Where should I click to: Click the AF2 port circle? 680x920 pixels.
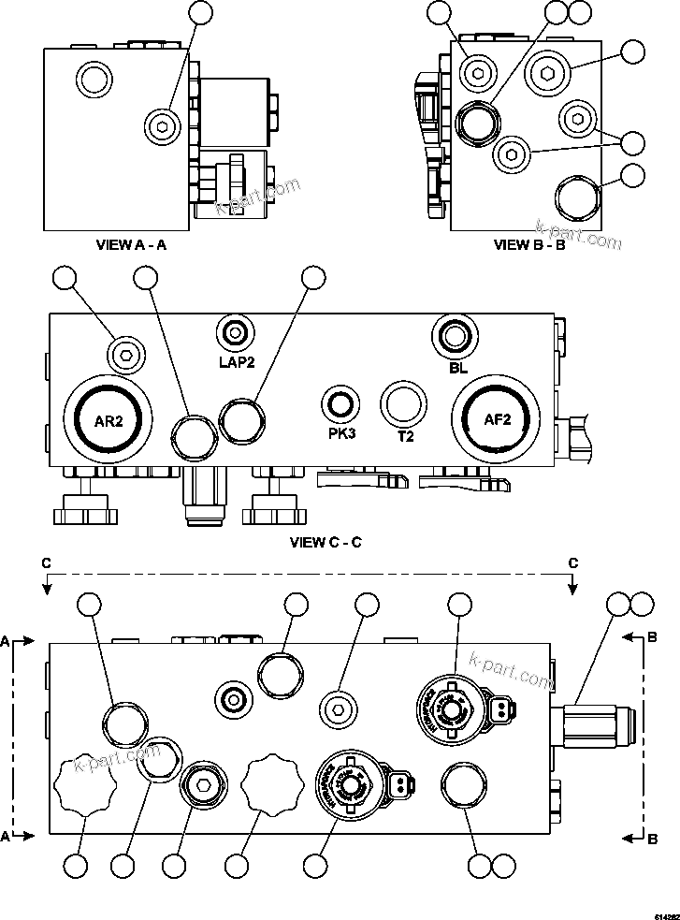496,420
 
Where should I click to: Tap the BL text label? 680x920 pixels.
457,369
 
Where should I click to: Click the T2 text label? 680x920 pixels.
405,436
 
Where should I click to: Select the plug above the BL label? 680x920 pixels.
456,335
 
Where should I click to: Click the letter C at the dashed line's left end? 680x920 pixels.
45,562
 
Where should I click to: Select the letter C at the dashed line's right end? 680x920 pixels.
572,562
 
